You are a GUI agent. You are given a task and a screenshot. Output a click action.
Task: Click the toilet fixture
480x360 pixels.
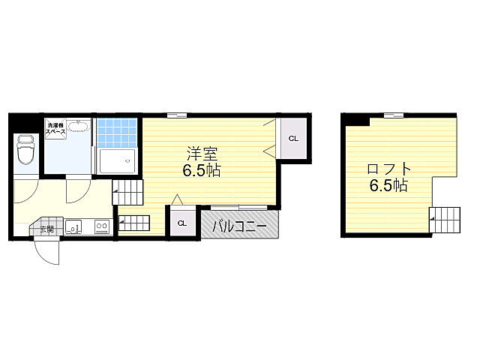pyautogui.click(x=25, y=150)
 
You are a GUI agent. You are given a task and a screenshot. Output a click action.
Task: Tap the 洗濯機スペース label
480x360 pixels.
pyautogui.click(x=55, y=128)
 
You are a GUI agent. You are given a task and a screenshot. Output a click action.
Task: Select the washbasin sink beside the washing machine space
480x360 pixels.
pyautogui.click(x=79, y=126)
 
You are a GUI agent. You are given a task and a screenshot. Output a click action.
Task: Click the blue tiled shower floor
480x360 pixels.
pyautogui.click(x=117, y=133)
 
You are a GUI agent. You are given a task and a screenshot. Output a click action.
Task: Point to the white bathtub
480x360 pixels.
pyautogui.click(x=117, y=160)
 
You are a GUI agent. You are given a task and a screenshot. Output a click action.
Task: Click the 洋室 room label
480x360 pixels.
pyautogui.click(x=202, y=154)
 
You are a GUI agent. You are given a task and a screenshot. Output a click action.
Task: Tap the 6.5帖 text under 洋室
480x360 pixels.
pyautogui.click(x=202, y=170)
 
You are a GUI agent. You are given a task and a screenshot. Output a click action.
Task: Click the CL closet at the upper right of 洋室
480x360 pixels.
pyautogui.click(x=293, y=138)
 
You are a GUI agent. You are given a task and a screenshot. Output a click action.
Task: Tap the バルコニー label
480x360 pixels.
pyautogui.click(x=240, y=226)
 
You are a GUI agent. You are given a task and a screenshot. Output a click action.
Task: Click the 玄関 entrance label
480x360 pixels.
pyautogui.click(x=47, y=229)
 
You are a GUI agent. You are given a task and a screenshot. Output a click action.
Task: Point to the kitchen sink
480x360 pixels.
pyautogui.click(x=73, y=226)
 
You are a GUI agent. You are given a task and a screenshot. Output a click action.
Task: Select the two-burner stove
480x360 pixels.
pyautogui.click(x=102, y=226)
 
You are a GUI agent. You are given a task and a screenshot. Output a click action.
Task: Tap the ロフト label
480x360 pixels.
pyautogui.click(x=388, y=169)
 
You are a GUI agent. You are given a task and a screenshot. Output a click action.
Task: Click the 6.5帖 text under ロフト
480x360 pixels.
pyautogui.click(x=388, y=185)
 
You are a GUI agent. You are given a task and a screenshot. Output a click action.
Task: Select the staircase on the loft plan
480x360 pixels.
pyautogui.click(x=445, y=220)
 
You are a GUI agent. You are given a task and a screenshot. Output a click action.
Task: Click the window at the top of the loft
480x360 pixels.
pyautogui.click(x=394, y=115)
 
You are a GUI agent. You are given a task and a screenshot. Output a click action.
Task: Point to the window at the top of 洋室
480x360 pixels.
pyautogui.click(x=177, y=115)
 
